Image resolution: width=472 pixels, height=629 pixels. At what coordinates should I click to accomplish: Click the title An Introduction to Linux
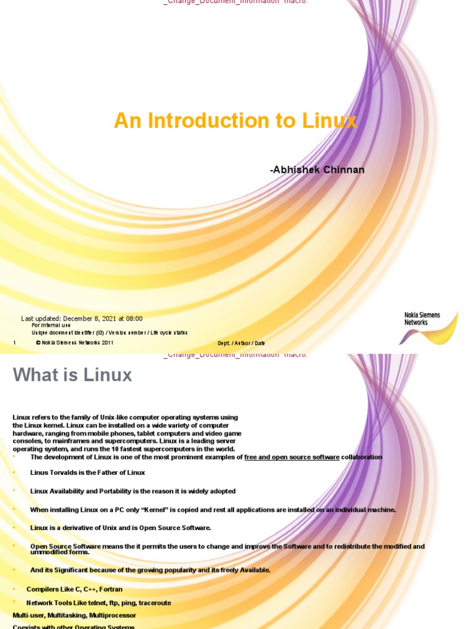[235, 121]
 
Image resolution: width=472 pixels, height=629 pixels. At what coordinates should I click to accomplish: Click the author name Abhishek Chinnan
[317, 170]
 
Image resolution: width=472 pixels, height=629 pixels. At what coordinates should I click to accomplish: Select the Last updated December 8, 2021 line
[82, 319]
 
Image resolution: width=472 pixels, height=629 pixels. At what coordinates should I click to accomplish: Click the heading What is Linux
[73, 375]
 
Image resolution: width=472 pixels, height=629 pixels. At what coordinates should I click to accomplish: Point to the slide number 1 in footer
[14, 343]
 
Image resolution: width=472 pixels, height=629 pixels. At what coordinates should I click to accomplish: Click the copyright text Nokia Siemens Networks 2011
[74, 343]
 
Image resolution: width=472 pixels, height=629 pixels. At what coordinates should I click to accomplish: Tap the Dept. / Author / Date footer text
[241, 343]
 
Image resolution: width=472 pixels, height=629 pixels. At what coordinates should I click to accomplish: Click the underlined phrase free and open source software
[292, 457]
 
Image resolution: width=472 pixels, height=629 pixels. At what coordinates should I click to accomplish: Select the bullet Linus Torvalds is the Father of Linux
[87, 472]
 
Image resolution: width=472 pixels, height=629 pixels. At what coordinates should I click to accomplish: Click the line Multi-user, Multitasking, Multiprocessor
[74, 615]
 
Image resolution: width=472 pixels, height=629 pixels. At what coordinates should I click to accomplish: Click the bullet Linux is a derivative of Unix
[120, 528]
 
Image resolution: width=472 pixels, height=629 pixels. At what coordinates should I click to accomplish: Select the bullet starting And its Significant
[150, 570]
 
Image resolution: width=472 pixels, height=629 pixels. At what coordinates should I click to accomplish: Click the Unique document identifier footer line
[109, 332]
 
